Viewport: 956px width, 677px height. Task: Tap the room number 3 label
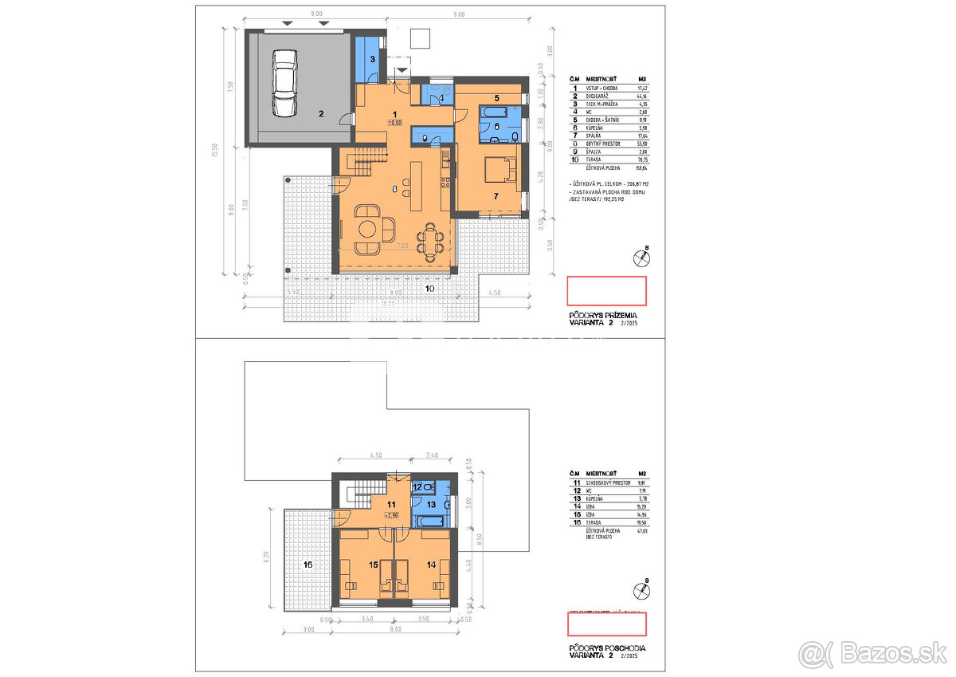[372, 60]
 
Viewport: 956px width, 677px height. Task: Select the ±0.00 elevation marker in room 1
[395, 124]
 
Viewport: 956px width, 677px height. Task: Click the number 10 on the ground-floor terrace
[429, 288]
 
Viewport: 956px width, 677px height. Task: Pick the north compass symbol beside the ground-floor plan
[640, 258]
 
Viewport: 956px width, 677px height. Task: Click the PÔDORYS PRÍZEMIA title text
[603, 316]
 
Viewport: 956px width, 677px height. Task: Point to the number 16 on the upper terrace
[308, 565]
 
